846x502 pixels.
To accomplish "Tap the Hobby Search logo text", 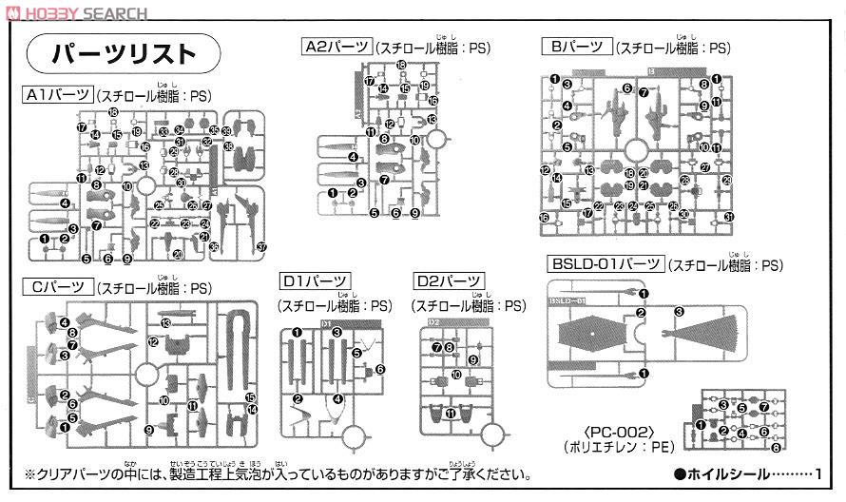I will (x=75, y=13).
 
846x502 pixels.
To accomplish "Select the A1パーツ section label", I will (x=58, y=95).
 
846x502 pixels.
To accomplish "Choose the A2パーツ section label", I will (x=336, y=47).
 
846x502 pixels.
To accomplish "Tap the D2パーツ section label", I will (x=449, y=281).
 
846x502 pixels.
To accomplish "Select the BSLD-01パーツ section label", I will (x=605, y=265).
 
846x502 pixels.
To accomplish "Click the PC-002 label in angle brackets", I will (x=598, y=429).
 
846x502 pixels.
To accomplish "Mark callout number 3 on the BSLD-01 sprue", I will (x=679, y=311).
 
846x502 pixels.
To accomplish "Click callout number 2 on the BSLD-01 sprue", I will (x=642, y=314).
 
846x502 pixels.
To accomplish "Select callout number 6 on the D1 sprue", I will (x=379, y=369).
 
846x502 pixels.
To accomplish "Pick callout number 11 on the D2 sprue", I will (x=450, y=414).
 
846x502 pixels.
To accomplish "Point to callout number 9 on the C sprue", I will (x=149, y=430).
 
